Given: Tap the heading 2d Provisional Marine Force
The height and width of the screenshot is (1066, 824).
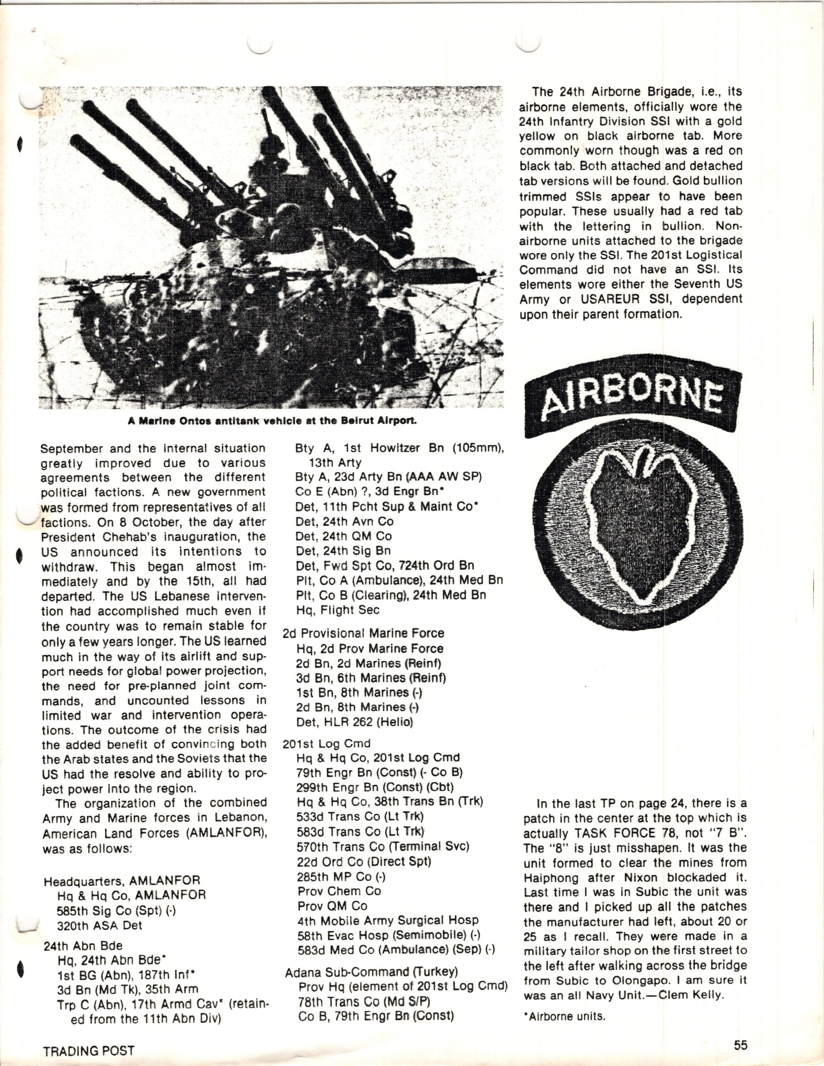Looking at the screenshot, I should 363,633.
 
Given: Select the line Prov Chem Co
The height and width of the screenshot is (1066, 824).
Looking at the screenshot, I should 339,891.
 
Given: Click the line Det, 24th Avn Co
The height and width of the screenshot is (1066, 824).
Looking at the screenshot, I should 344,521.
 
